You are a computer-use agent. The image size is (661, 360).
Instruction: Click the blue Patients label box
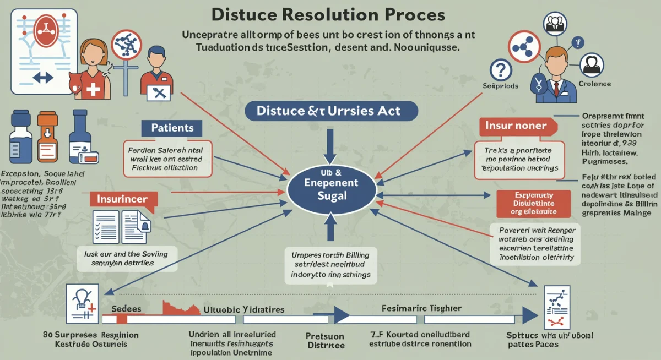pos(172,128)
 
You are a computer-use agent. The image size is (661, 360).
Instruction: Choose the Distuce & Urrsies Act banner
pos(329,111)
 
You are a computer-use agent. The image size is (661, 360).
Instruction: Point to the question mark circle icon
pos(500,70)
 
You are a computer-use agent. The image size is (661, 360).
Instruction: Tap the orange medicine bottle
pos(47,136)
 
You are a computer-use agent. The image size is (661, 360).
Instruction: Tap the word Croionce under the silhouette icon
pos(595,84)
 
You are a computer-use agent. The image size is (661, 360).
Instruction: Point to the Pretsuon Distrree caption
pos(325,340)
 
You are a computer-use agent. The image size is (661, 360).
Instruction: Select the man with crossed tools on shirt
pos(156,74)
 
